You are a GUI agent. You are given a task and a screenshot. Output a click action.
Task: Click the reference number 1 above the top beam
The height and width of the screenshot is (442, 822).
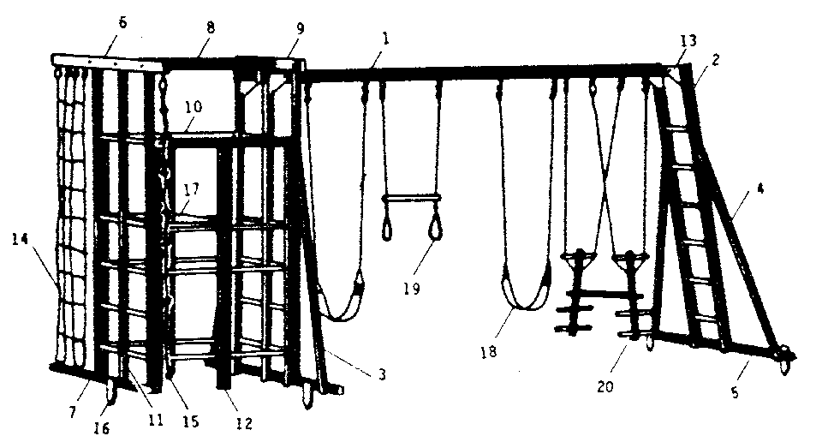coord(385,39)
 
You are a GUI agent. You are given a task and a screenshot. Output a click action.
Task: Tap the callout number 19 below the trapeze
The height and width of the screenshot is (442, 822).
coord(412,289)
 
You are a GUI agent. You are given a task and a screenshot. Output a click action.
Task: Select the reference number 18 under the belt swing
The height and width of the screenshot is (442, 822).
coord(488,352)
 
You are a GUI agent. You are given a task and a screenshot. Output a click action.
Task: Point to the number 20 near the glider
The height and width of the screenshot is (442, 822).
coord(605,387)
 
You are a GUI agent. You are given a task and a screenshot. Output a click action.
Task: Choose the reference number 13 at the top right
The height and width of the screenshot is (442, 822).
coord(688,40)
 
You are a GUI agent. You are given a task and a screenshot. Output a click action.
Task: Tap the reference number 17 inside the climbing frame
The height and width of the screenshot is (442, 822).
coord(192,188)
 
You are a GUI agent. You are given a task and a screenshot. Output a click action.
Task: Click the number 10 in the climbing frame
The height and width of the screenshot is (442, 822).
coord(194,107)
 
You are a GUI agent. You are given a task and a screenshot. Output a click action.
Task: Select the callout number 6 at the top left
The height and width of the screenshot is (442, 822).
coord(122,24)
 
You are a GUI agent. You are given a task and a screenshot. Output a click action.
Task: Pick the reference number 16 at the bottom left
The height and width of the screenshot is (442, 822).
coord(102,428)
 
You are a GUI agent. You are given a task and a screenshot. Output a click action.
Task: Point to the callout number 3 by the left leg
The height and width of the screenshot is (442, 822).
coord(382,374)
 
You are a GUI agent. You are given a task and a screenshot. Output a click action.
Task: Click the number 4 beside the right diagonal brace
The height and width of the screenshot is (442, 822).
coord(760,188)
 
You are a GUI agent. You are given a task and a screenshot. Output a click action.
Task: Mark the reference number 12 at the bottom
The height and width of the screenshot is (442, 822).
coord(244,423)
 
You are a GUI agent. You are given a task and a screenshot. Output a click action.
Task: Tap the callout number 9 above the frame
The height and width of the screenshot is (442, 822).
coord(300,29)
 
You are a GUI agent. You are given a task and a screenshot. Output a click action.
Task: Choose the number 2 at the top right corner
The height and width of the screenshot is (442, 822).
coord(717,59)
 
